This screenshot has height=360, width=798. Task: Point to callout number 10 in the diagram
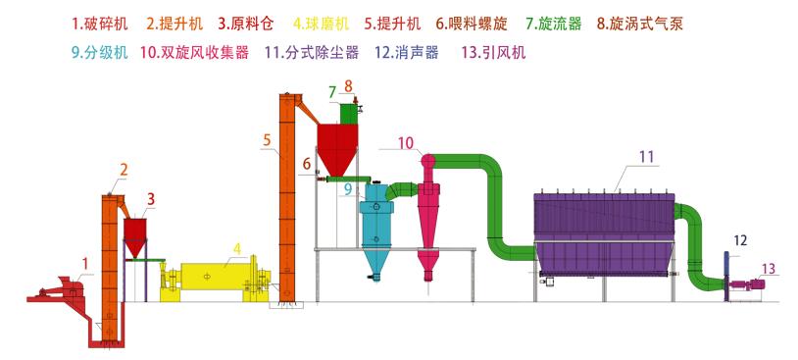click(406, 143)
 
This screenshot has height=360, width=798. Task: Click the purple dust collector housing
click(605, 231)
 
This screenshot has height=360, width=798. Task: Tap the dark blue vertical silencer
click(726, 277)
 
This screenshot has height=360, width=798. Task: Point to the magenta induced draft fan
click(753, 285)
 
